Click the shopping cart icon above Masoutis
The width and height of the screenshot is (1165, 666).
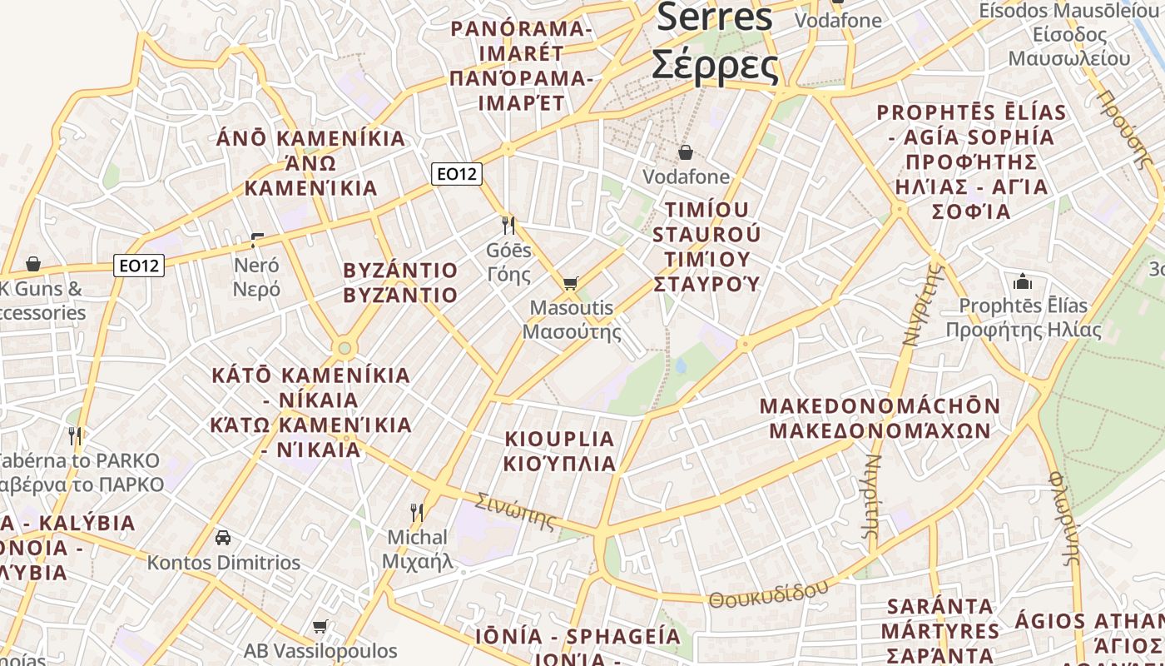[570, 284]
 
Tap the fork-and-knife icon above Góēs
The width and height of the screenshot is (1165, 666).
[508, 225]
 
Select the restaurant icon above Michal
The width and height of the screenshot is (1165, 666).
[417, 512]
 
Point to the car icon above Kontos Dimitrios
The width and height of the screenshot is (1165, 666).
[223, 537]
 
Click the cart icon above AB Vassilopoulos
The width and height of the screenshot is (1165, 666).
[320, 626]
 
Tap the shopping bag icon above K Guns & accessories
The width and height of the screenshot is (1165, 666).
[33, 264]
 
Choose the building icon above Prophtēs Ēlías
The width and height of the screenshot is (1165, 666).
[1023, 281]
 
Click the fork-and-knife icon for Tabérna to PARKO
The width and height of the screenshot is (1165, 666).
[75, 435]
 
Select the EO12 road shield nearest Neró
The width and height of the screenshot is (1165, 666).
[139, 266]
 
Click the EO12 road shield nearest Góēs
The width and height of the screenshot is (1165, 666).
[457, 174]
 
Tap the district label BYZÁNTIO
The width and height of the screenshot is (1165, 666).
[400, 271]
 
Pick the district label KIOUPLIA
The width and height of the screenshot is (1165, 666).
[560, 439]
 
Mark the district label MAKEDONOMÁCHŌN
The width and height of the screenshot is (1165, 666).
[880, 406]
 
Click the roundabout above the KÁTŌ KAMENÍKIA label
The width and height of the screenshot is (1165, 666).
[345, 347]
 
